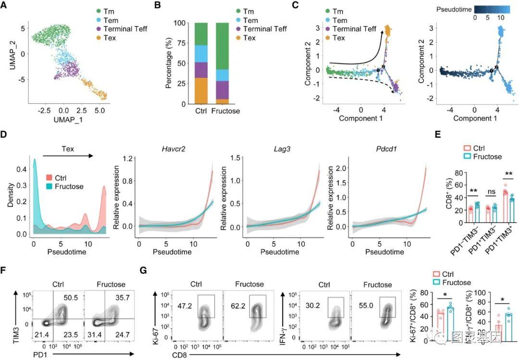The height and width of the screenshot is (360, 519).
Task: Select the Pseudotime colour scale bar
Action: [x=490, y=9]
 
